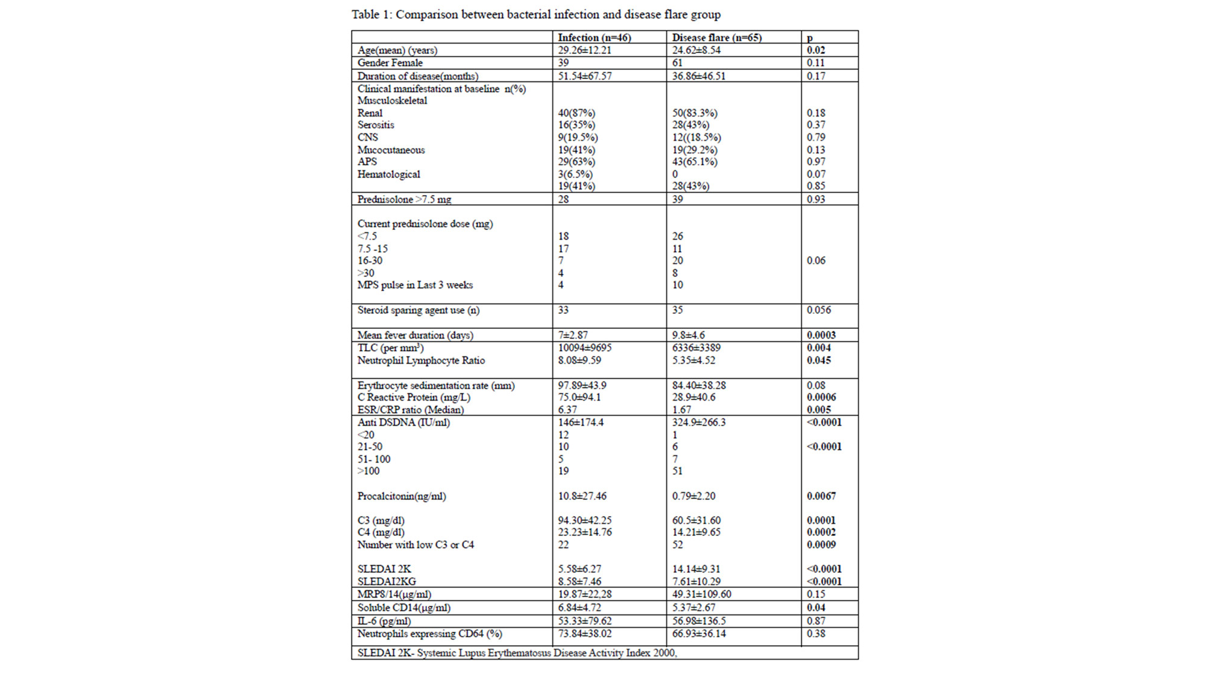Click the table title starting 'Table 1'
pos(535,14)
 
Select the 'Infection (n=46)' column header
pos(594,37)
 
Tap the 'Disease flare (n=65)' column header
pos(716,37)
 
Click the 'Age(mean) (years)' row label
pos(397,50)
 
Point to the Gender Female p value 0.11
pos(815,63)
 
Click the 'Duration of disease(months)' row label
pos(417,76)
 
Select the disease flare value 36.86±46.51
pos(699,76)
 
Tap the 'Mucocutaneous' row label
pos(391,150)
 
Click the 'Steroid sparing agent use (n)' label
pos(418,310)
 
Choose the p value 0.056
pos(818,310)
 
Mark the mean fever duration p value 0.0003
pos(821,335)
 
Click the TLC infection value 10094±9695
pos(584,348)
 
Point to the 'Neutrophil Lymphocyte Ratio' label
pos(420,360)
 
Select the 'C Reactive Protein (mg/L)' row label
pos(413,397)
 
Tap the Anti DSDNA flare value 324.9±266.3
pos(698,422)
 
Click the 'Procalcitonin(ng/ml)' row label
pos(401,496)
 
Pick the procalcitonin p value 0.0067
pos(821,496)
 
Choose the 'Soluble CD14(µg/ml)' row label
pos(403,608)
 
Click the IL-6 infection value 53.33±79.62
pos(584,620)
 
